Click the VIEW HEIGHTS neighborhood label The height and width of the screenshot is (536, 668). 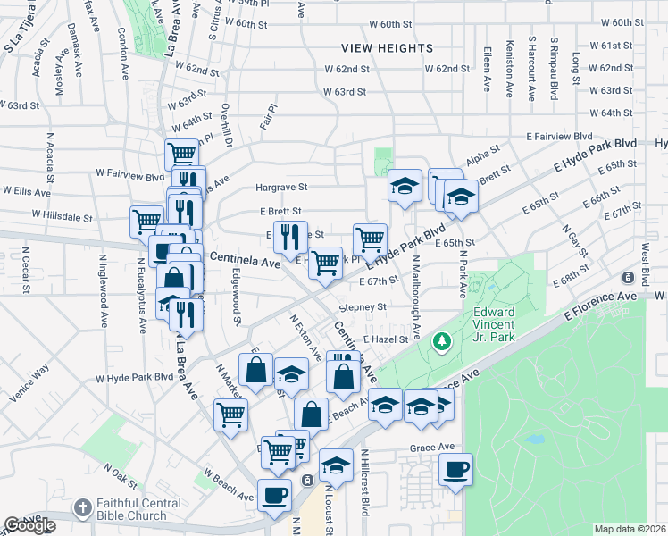[x=387, y=48]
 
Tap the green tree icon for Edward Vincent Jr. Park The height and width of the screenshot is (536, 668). [x=440, y=341]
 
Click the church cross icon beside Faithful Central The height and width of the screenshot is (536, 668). [x=83, y=507]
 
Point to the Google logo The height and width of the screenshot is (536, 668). [x=29, y=526]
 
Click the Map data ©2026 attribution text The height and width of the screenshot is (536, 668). [x=630, y=529]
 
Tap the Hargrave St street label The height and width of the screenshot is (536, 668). [x=281, y=188]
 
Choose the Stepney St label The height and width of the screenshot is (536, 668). [x=362, y=306]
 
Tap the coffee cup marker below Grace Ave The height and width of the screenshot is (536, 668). [x=455, y=469]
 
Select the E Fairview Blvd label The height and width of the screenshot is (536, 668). [x=559, y=136]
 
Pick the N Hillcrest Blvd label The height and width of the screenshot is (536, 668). [x=364, y=482]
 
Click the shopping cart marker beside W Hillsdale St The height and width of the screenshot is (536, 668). [x=146, y=221]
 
